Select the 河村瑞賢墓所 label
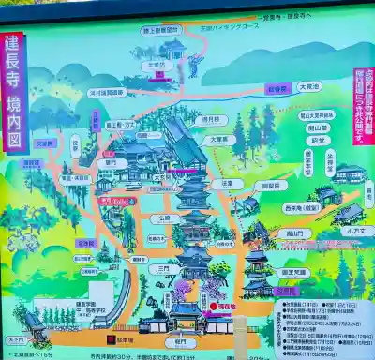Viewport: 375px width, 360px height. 107,93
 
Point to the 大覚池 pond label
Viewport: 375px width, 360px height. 308,85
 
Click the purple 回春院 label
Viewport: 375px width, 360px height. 277,91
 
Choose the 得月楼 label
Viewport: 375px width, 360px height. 212,120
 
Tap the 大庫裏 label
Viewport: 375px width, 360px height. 217,139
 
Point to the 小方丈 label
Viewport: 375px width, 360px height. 354,230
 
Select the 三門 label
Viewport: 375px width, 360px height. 163,267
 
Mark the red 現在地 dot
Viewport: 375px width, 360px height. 213,307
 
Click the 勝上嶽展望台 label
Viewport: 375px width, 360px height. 161,30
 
